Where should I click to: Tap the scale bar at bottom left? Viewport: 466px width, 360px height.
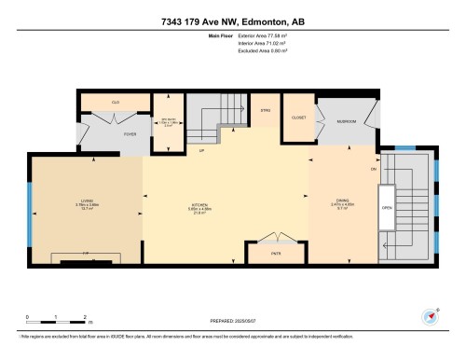[x=56, y=313]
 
